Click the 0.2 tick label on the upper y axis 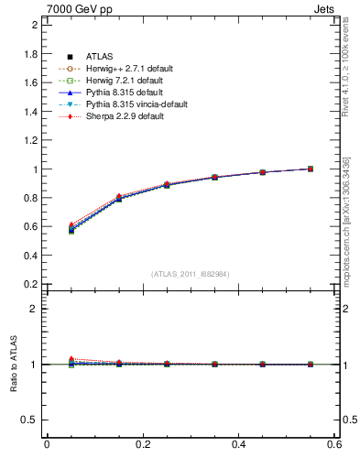point(30,284)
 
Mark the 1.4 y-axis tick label point(30,112)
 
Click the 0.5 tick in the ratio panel point(30,420)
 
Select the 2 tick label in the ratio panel point(34,309)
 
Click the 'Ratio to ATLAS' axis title point(15,365)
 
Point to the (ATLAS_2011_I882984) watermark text point(191,274)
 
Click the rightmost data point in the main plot point(311,169)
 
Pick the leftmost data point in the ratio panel point(71,362)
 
